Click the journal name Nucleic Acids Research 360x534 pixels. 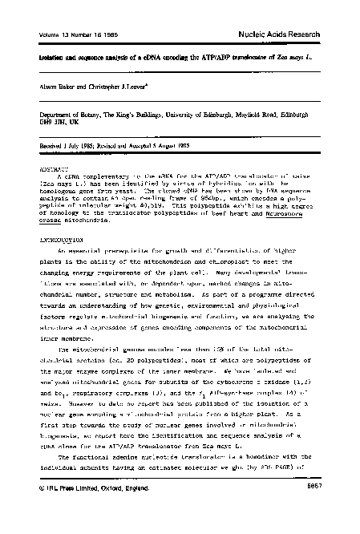(x=298, y=33)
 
